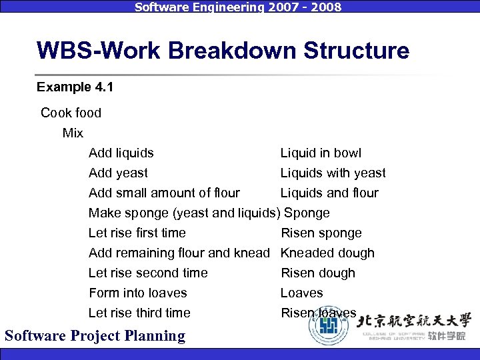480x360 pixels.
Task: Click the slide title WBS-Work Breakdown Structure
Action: (x=223, y=51)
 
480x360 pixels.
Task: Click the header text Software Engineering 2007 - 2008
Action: (x=238, y=7)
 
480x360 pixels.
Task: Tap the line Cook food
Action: (x=71, y=113)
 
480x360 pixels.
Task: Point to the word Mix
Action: (x=73, y=133)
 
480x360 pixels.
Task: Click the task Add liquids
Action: (x=121, y=153)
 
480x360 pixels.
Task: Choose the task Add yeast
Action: (x=118, y=173)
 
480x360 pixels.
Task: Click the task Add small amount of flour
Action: (x=164, y=193)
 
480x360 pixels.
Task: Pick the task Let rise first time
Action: (x=137, y=233)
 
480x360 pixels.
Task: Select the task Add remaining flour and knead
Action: (x=179, y=253)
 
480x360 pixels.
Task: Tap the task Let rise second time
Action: (x=148, y=273)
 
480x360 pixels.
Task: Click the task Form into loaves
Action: (x=137, y=293)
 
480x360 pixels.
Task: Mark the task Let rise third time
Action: (x=139, y=313)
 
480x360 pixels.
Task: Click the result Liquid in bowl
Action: (x=321, y=153)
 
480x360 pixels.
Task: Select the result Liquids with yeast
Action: (x=333, y=173)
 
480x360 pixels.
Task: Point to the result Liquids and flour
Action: (x=329, y=193)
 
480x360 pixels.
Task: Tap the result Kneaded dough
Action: (x=327, y=253)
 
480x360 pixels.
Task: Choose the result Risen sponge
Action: (x=321, y=233)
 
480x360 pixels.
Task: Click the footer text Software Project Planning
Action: (x=95, y=335)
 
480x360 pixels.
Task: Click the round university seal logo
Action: (x=328, y=326)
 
